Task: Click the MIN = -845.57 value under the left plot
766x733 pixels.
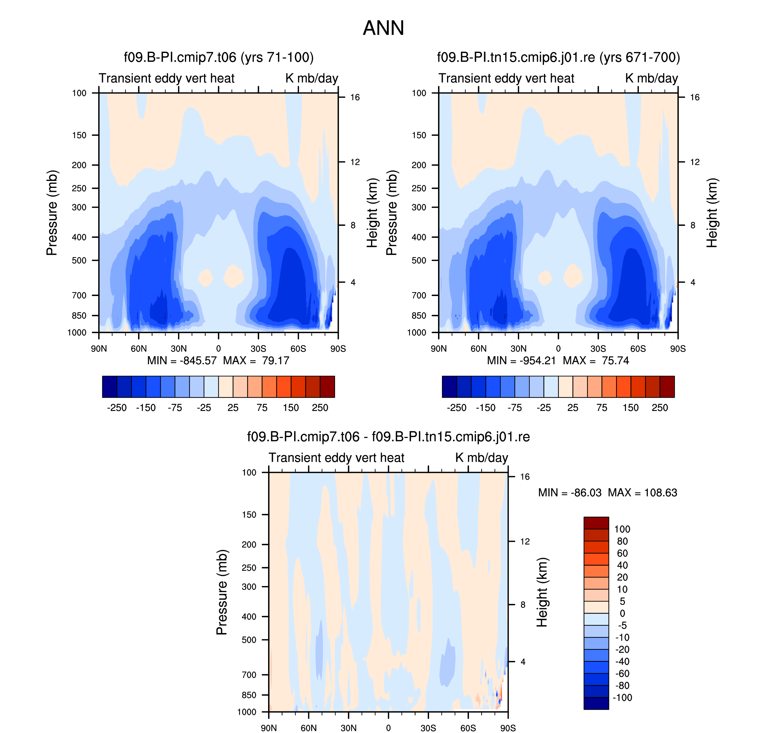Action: tap(182, 360)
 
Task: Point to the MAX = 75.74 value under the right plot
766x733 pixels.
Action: tap(596, 360)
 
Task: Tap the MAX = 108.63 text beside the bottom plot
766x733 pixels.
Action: tap(642, 492)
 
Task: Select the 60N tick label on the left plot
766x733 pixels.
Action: tap(139, 348)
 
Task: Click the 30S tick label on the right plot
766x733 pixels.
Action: tap(598, 348)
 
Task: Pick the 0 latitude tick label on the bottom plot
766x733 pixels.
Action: tap(388, 728)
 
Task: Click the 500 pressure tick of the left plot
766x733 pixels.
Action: tap(79, 260)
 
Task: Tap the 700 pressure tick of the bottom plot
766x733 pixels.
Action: tap(249, 675)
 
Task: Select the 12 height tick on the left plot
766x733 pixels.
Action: tap(355, 162)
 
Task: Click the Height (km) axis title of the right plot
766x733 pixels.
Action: tap(712, 213)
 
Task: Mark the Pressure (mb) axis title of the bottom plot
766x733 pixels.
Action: tap(221, 592)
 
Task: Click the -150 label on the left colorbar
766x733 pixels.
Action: tap(146, 408)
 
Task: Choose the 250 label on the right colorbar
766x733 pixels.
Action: tap(660, 408)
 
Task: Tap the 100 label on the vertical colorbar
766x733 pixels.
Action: tap(622, 529)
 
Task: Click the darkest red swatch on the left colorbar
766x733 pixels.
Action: tap(327, 386)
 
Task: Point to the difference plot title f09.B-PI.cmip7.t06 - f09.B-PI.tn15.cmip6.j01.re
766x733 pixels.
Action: tap(388, 436)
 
